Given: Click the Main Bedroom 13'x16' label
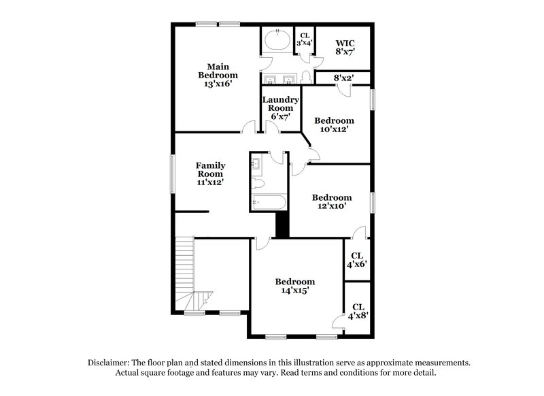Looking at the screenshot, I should coord(218,75).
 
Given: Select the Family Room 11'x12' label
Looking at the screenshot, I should coord(211,174).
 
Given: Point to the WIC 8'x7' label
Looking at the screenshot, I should coord(344,47).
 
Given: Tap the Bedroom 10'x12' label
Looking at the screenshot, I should coord(335,125).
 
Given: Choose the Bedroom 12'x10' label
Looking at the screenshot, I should coord(332,202).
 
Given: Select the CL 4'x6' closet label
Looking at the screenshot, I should coord(358,259).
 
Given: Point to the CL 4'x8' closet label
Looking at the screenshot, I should coord(358,312).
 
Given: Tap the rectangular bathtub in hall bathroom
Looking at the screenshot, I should coord(265,201).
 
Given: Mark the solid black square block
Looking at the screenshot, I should coord(282,225).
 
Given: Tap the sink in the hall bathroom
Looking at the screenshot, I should coord(257,163).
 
